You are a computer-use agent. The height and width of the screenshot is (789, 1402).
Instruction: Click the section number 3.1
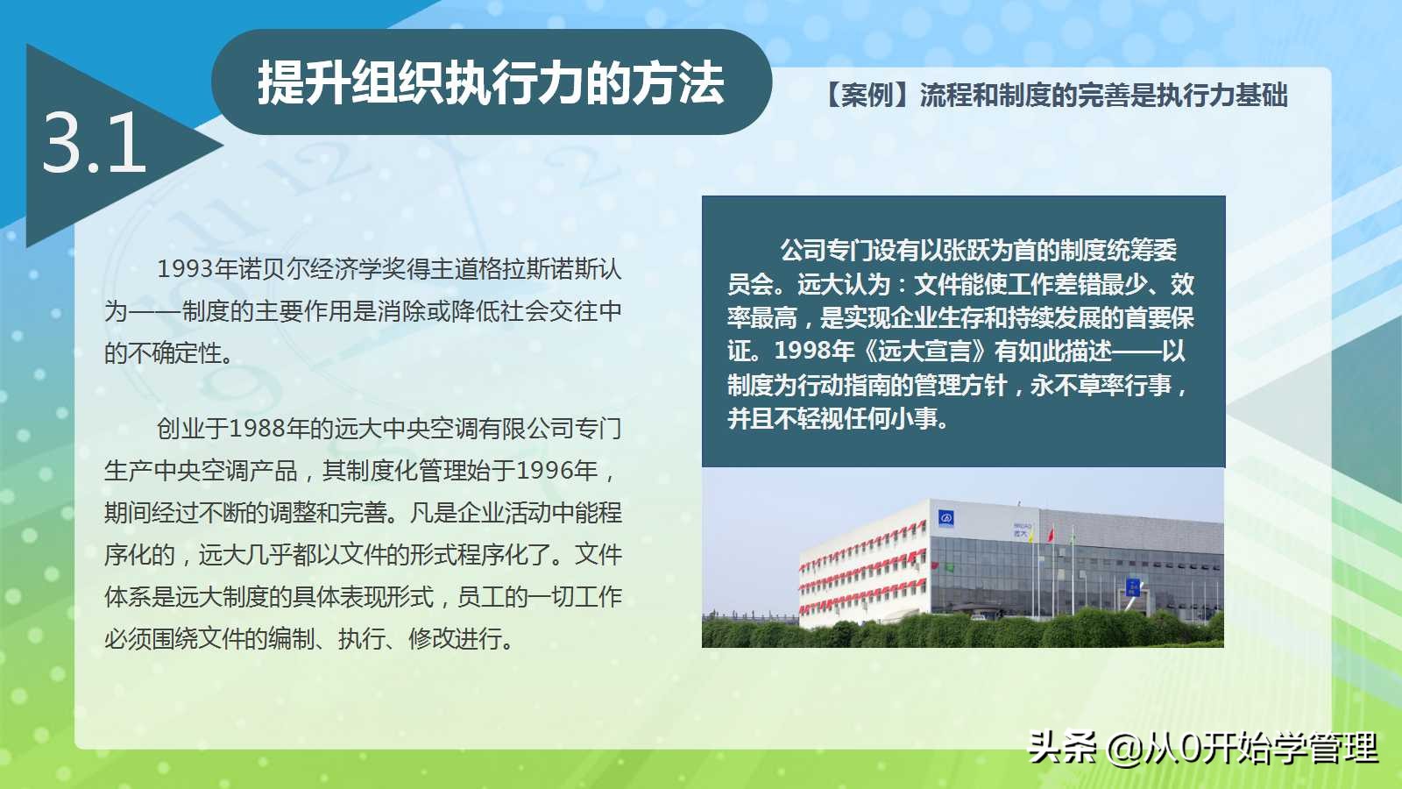(94, 143)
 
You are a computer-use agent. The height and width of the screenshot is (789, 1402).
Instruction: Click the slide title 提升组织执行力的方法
(491, 82)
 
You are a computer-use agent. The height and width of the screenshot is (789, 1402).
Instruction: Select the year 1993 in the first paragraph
(185, 269)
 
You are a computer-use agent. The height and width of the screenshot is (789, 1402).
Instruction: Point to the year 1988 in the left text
(258, 429)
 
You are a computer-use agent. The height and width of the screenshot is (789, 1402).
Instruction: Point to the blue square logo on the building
(945, 518)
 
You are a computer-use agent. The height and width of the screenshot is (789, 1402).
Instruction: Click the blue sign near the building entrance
(1132, 586)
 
